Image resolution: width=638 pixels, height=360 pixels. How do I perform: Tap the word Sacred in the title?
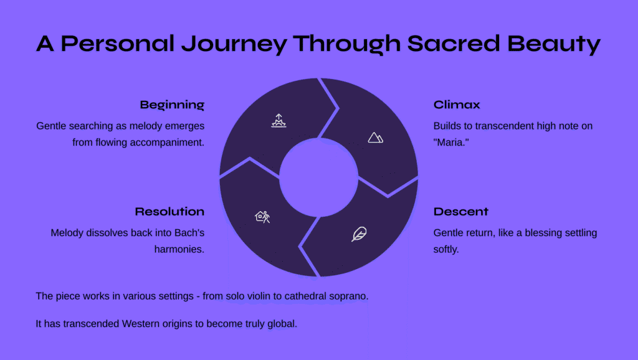tap(454, 43)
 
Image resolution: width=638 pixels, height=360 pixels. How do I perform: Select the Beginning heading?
tap(172, 105)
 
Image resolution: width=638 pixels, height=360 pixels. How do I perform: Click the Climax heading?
tap(457, 105)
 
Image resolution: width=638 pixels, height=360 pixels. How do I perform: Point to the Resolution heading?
tap(169, 212)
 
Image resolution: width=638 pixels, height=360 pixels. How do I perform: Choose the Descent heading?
tap(460, 212)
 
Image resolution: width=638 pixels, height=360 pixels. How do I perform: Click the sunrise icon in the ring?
tap(279, 121)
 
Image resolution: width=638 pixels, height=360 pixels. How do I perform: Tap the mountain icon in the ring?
tap(375, 138)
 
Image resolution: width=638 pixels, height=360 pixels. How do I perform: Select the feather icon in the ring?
tap(359, 234)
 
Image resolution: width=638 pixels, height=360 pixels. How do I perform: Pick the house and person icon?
tap(262, 217)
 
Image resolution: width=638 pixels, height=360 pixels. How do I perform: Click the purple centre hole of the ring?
tap(318, 178)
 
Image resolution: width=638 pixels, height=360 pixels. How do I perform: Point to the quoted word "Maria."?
tap(451, 143)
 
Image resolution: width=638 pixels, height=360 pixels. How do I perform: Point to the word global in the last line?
tap(282, 324)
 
